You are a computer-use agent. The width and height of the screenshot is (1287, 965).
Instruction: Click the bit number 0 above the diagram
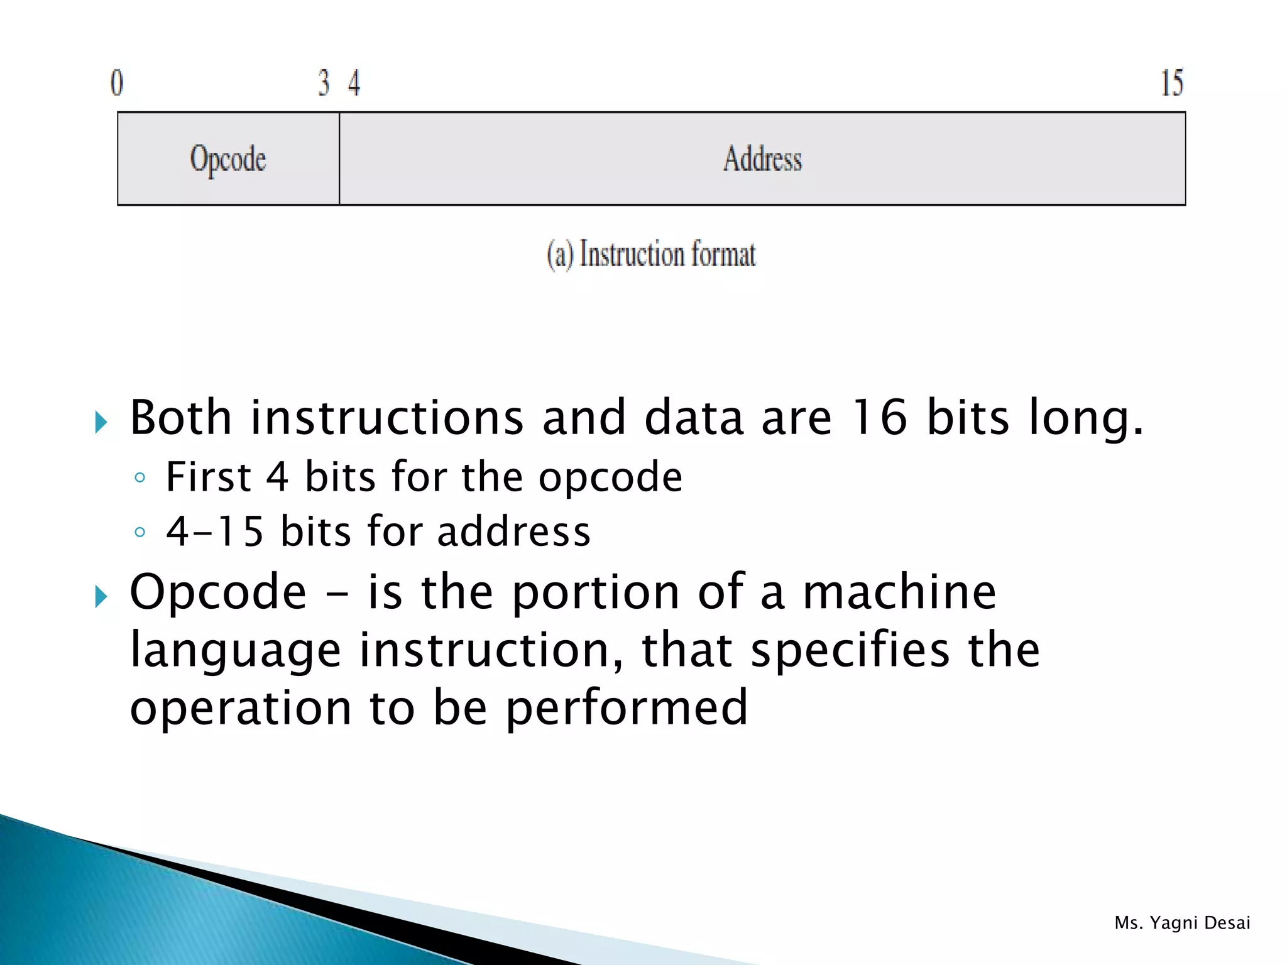tap(117, 83)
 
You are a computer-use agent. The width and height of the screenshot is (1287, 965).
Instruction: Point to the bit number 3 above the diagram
tap(324, 83)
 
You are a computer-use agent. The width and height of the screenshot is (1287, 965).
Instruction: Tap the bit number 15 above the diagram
tap(1171, 83)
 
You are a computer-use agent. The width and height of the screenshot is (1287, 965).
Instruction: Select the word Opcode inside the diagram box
tap(228, 159)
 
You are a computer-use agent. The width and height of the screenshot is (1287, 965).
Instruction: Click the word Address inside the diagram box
tap(762, 159)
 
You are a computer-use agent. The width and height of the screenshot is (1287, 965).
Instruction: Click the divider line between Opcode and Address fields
tap(339, 159)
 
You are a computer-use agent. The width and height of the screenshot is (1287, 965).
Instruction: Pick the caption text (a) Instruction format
tap(651, 254)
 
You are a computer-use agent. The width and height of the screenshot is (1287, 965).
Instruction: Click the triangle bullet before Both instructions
tap(101, 422)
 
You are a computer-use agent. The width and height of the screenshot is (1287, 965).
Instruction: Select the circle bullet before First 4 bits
tap(140, 478)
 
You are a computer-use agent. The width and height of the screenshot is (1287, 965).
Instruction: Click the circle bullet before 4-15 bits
tap(140, 533)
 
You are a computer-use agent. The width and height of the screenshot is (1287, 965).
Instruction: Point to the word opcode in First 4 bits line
tap(610, 477)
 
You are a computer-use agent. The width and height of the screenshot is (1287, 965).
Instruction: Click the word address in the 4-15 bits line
tap(513, 532)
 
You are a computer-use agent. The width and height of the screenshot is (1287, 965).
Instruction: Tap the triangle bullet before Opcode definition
tap(101, 596)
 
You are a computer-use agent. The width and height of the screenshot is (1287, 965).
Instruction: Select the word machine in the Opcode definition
tap(899, 592)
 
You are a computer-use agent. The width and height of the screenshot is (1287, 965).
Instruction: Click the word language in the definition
tap(236, 651)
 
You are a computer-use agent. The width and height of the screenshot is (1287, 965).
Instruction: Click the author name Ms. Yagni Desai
tap(1182, 923)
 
